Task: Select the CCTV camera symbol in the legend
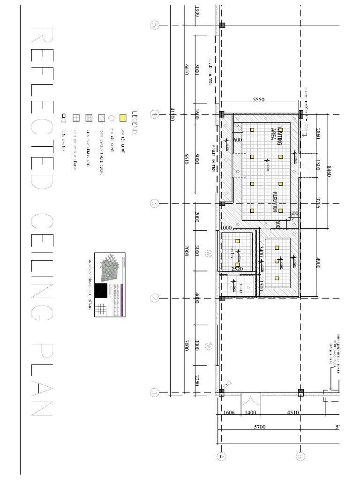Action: pyautogui.click(x=64, y=118)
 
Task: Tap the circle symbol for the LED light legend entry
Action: pyautogui.click(x=111, y=118)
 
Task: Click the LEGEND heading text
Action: pyautogui.click(x=135, y=125)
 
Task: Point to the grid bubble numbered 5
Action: pyautogui.click(x=154, y=25)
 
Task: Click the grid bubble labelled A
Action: pyautogui.click(x=218, y=455)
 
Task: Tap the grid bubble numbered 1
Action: pyautogui.click(x=154, y=393)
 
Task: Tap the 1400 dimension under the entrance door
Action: pyautogui.click(x=251, y=413)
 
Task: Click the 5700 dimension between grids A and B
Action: pyautogui.click(x=259, y=427)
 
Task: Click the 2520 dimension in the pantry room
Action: pyautogui.click(x=238, y=269)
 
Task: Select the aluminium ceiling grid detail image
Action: pyautogui.click(x=110, y=285)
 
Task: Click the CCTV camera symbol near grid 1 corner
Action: pyautogui.click(x=225, y=384)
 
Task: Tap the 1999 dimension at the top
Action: pyautogui.click(x=198, y=13)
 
